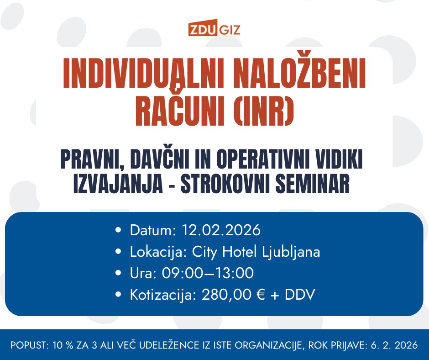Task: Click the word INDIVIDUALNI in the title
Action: tap(144, 73)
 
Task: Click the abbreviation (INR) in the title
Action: tap(264, 111)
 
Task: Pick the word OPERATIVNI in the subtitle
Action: tap(263, 159)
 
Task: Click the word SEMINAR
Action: tap(313, 184)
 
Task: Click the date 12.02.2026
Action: tap(221, 230)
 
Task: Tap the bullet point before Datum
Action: tap(118, 230)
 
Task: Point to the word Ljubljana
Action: tap(291, 252)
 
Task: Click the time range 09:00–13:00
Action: tap(208, 273)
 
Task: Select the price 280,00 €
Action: tap(233, 295)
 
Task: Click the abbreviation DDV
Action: tap(300, 295)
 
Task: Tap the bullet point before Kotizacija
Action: tap(118, 295)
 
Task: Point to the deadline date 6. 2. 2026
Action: tap(394, 345)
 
